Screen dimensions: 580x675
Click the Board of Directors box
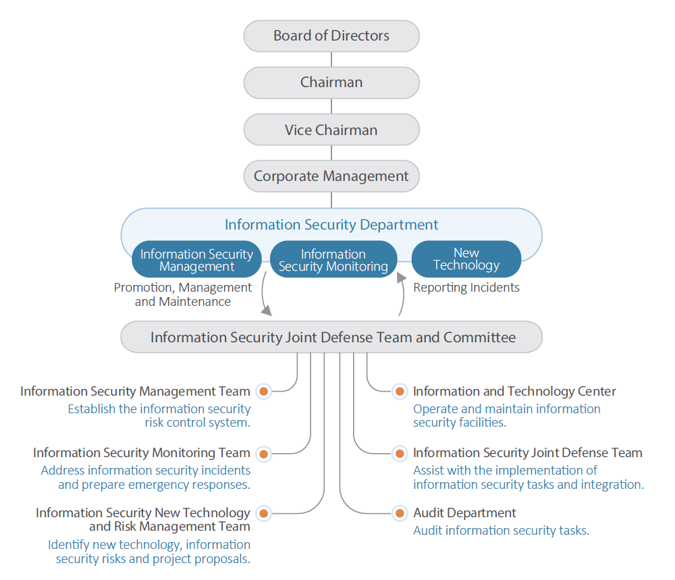pyautogui.click(x=331, y=36)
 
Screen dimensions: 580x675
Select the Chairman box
pyautogui.click(x=331, y=82)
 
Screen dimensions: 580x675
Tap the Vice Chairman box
pyautogui.click(x=331, y=130)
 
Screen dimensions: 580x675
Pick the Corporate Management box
pyautogui.click(x=331, y=176)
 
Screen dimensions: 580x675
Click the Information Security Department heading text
pyautogui.click(x=331, y=225)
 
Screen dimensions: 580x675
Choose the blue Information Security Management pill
pyautogui.click(x=196, y=260)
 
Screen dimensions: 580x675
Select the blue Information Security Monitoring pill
pyautogui.click(x=333, y=260)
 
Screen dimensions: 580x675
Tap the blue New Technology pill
pyautogui.click(x=466, y=259)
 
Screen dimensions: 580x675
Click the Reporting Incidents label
pyautogui.click(x=466, y=288)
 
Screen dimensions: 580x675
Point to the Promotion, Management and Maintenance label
pyautogui.click(x=183, y=294)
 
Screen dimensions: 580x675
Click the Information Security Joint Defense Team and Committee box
pyautogui.click(x=331, y=337)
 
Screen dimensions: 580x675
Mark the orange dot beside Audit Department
pyautogui.click(x=400, y=513)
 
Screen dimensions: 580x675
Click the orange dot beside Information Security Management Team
pyautogui.click(x=263, y=391)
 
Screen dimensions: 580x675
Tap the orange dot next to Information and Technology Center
pyautogui.click(x=400, y=391)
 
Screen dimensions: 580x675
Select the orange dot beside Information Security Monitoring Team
pyautogui.click(x=263, y=453)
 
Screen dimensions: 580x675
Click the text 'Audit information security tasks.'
pyautogui.click(x=501, y=531)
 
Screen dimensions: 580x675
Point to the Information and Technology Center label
pyautogui.click(x=514, y=391)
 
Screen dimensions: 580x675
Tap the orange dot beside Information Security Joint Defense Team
pyautogui.click(x=400, y=453)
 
